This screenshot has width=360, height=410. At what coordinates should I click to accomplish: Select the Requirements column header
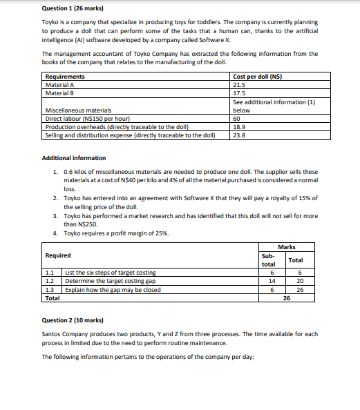[x=65, y=77]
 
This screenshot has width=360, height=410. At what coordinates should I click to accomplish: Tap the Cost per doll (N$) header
[x=258, y=77]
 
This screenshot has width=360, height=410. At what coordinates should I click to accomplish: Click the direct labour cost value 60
[x=238, y=119]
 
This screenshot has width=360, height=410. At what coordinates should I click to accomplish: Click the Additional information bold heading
[x=74, y=158]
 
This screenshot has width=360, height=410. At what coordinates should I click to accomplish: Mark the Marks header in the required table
[x=286, y=246]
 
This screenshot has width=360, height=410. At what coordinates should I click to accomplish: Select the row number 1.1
[x=48, y=273]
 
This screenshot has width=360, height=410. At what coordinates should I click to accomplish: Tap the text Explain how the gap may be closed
[x=113, y=289]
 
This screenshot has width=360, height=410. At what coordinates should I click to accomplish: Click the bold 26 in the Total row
[x=286, y=298]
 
